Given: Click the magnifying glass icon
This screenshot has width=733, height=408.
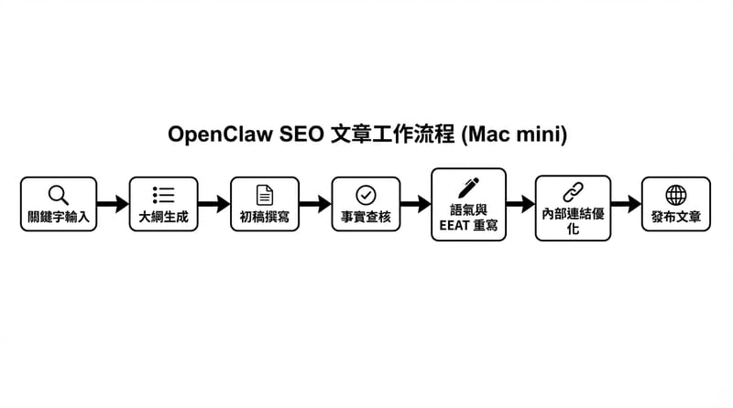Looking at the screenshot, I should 58,194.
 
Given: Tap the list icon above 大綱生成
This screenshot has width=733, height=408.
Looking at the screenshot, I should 163,194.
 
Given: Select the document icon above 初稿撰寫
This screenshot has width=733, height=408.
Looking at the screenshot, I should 264,194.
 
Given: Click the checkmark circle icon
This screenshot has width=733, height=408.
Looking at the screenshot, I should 366,194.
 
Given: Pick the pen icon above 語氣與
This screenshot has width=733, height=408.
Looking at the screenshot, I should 468,187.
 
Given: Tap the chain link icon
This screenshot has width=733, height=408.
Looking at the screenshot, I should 573,191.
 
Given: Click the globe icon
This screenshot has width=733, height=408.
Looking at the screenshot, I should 675,194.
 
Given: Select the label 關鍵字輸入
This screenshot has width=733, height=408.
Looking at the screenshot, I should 58,217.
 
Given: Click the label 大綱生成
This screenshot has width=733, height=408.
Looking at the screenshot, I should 163,217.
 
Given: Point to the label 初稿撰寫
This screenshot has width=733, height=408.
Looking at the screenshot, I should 264,217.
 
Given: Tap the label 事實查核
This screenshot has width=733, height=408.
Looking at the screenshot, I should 366,217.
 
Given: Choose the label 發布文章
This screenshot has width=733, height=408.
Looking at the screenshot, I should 675,217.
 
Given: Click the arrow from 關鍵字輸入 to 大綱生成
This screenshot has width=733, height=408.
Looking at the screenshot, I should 112,204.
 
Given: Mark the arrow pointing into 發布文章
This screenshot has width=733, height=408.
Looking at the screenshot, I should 626,204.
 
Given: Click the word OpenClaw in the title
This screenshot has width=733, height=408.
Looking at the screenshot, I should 221,134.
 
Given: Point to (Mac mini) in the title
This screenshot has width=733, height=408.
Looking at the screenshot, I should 515,134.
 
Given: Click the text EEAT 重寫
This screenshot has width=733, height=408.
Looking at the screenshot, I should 468,224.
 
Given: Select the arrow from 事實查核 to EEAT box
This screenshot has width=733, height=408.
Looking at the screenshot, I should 417,204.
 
